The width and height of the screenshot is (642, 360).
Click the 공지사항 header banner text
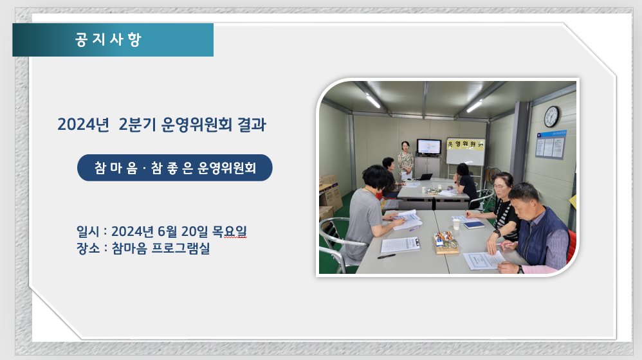108,40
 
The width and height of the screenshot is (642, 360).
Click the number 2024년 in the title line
84,124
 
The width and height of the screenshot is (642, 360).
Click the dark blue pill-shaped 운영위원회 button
175,168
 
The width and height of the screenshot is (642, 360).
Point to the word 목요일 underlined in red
229,231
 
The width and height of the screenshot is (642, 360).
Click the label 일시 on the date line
88,231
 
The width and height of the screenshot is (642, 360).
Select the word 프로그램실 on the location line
181,248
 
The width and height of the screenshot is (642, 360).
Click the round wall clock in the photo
551,116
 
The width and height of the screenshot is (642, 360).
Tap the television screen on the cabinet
428,147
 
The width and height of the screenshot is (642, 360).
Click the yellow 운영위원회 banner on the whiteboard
465,144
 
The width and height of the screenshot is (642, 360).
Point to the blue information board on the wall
551,145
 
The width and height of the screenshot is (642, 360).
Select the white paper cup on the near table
456,223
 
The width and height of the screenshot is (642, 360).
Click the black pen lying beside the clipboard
386,256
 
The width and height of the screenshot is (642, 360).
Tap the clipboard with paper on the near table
400,245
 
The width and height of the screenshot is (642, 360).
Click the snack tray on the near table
445,242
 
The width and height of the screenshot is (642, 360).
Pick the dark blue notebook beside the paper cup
473,225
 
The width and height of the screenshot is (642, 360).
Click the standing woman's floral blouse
405,161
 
